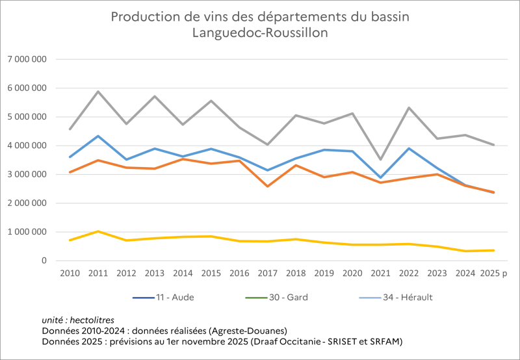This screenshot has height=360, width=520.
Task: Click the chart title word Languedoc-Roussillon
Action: pyautogui.click(x=260, y=32)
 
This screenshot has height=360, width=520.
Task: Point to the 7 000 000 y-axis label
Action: pyautogui.click(x=27, y=59)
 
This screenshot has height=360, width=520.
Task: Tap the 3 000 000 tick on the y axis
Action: pyautogui.click(x=27, y=174)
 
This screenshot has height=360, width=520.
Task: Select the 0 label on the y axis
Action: pyautogui.click(x=44, y=261)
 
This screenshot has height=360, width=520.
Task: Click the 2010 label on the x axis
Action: pyautogui.click(x=70, y=274)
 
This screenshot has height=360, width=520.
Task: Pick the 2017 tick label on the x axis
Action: pyautogui.click(x=267, y=274)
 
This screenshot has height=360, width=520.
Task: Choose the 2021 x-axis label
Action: pyautogui.click(x=380, y=274)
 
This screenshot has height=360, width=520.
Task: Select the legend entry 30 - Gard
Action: pyautogui.click(x=287, y=298)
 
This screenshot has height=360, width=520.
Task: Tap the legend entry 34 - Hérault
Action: pyautogui.click(x=407, y=298)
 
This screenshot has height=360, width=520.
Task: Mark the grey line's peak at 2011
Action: pyautogui.click(x=98, y=92)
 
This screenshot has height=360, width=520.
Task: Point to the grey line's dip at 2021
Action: pyautogui.click(x=380, y=159)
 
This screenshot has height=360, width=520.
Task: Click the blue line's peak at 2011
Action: pyautogui.click(x=98, y=136)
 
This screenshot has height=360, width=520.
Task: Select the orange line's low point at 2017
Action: pyautogui.click(x=267, y=186)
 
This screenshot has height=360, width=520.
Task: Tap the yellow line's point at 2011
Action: pyautogui.click(x=98, y=231)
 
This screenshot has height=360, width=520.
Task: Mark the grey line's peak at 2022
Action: pyautogui.click(x=409, y=108)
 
